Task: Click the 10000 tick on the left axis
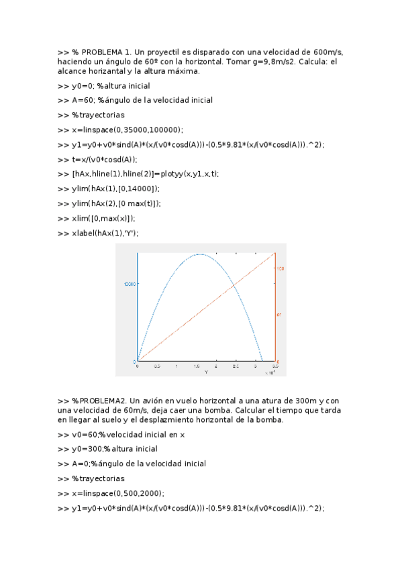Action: tap(130, 284)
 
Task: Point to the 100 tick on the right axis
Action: tap(281, 269)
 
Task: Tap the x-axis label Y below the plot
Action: tap(206, 371)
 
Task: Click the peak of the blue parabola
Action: tap(199, 254)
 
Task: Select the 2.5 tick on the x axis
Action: tap(236, 366)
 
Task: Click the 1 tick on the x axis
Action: tap(177, 366)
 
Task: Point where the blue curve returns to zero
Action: tap(262, 361)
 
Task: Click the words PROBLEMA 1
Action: tap(106, 52)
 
